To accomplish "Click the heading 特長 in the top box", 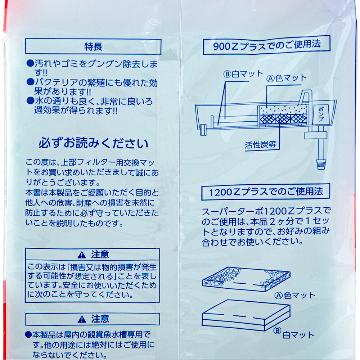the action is [93, 47].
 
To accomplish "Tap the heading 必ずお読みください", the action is [94, 143].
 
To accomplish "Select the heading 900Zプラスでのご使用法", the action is [266, 45].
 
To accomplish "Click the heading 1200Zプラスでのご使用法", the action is [266, 192].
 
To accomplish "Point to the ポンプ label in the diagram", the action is [321, 114].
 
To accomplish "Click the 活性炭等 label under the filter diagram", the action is [260, 145].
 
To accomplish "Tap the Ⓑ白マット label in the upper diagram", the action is [243, 74].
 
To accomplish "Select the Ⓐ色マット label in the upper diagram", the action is [286, 78].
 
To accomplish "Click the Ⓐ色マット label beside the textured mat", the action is [295, 295].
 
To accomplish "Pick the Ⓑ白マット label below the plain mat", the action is [294, 333].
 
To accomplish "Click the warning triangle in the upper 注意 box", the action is [82, 255].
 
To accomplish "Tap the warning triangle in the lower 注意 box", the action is [82, 319].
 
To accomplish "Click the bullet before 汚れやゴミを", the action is [30, 63].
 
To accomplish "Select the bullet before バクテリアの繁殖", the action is [30, 82].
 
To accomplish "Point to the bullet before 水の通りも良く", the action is [30, 100].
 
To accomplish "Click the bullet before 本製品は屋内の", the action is [28, 334].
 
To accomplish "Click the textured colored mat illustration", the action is [246, 279].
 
